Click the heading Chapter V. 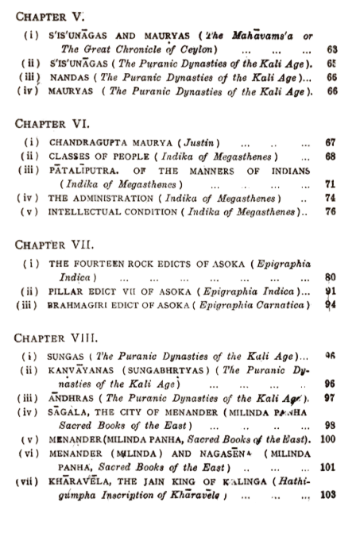coord(47,15)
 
